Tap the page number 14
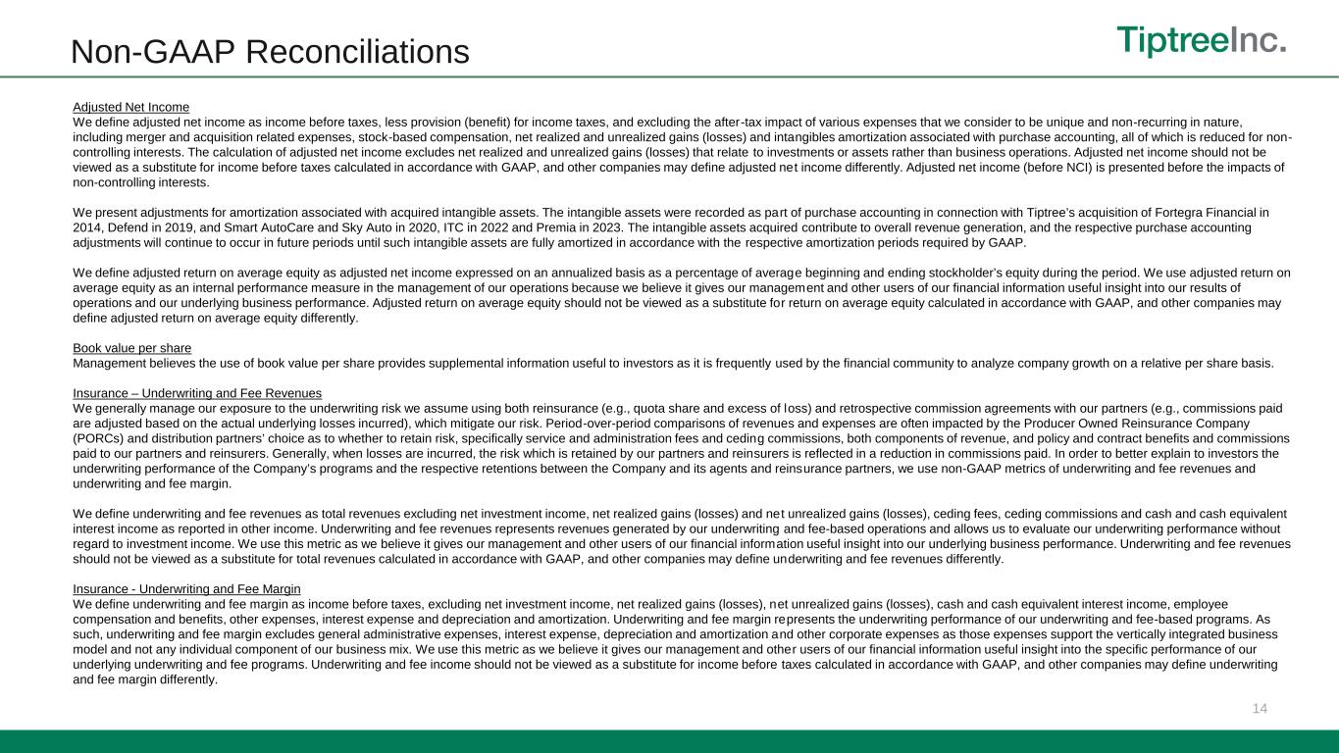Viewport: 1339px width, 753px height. pyautogui.click(x=1261, y=708)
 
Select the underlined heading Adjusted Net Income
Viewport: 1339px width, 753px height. pyautogui.click(x=130, y=106)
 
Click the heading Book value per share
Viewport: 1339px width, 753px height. pyautogui.click(x=131, y=348)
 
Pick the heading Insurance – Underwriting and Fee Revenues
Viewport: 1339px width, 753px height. pyautogui.click(x=197, y=393)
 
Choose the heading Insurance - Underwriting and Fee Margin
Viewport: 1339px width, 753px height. pyautogui.click(x=186, y=588)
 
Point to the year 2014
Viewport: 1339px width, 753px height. pyautogui.click(x=88, y=227)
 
